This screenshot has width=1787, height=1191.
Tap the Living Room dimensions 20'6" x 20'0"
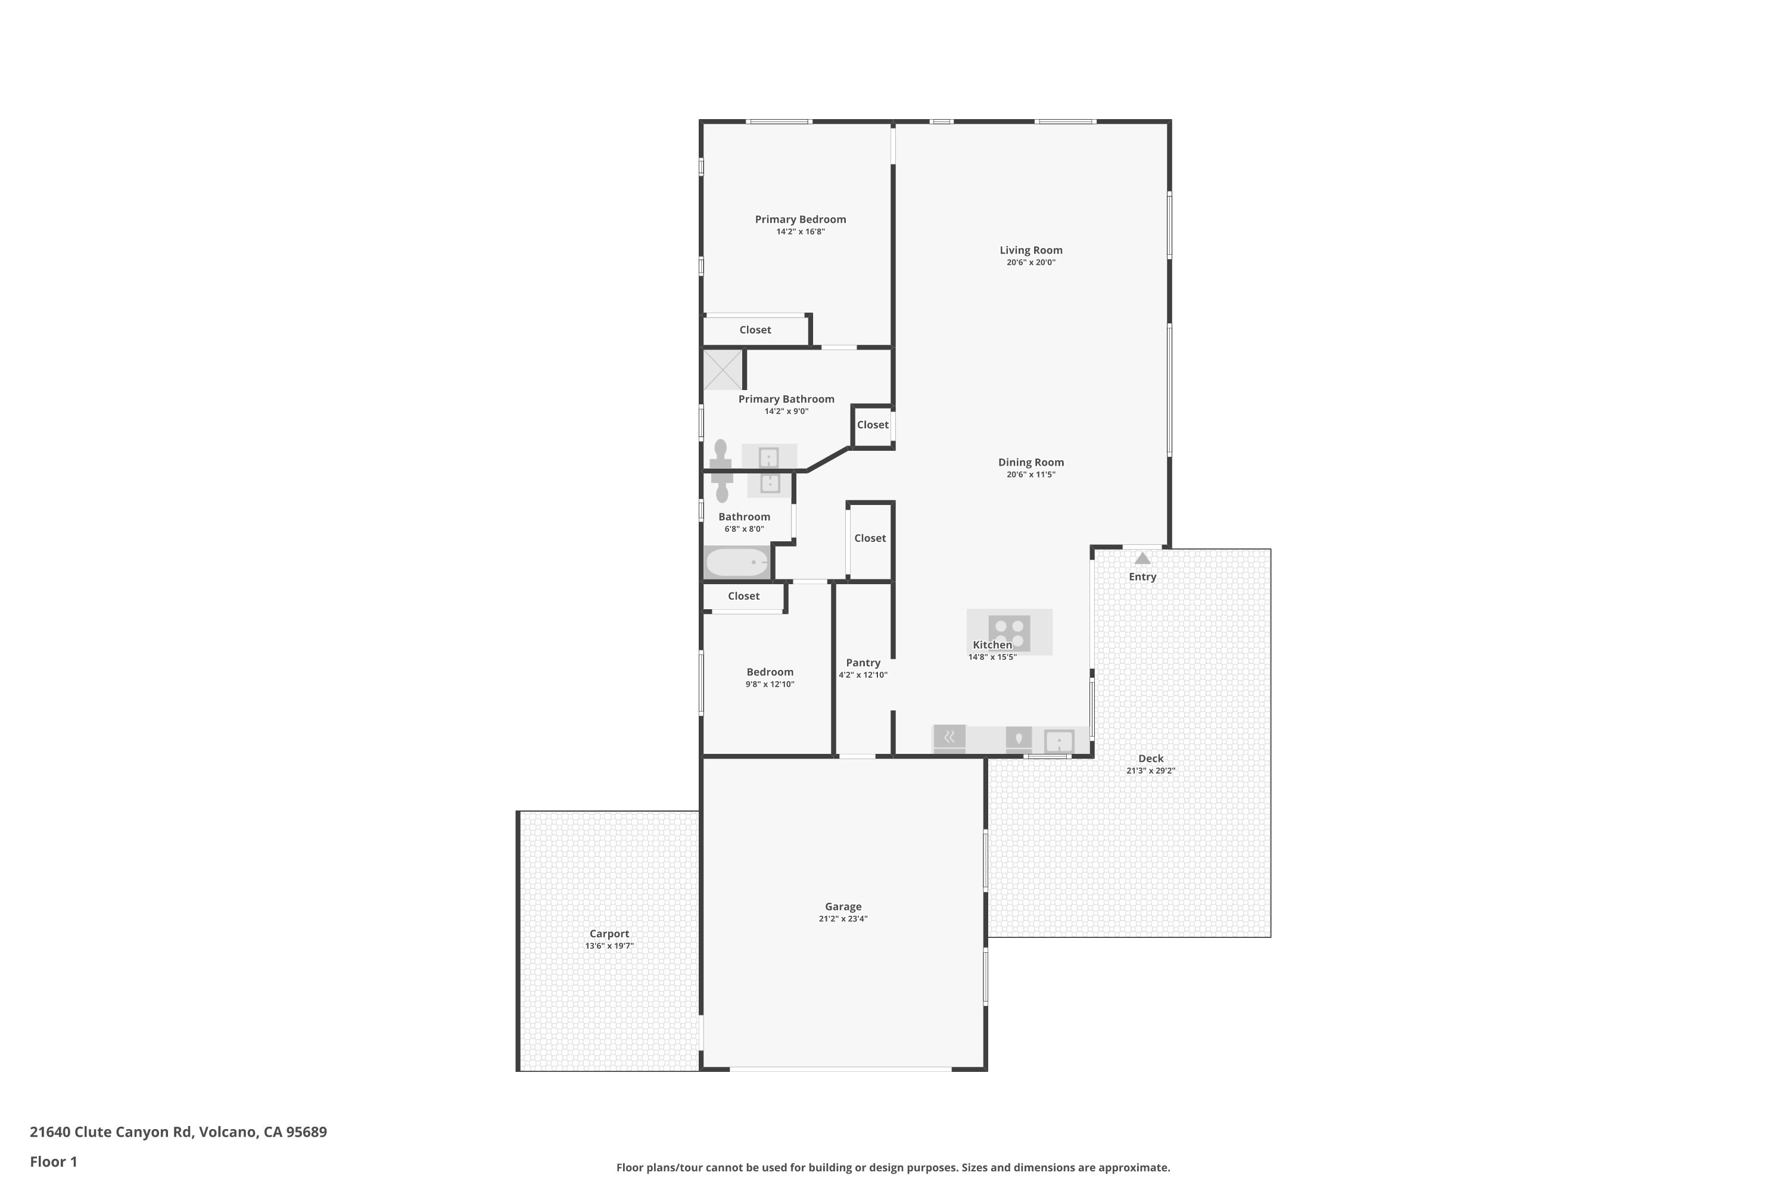pyautogui.click(x=1031, y=263)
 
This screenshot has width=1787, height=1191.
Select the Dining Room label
pyautogui.click(x=1031, y=462)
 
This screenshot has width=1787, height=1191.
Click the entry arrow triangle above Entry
pyautogui.click(x=1142, y=559)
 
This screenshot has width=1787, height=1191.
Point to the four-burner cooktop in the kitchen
pyautogui.click(x=1009, y=632)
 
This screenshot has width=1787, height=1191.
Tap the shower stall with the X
pyautogui.click(x=722, y=370)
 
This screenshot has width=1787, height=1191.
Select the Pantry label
pyautogui.click(x=863, y=662)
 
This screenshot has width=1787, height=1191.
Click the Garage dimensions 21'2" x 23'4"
pyautogui.click(x=843, y=919)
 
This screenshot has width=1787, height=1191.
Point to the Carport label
pyautogui.click(x=609, y=934)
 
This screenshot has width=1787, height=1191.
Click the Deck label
pyautogui.click(x=1150, y=758)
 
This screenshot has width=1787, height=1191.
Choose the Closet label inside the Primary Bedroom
pyautogui.click(x=755, y=330)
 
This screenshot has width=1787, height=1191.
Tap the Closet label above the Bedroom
pyautogui.click(x=743, y=596)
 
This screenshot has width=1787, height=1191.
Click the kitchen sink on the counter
pyautogui.click(x=1058, y=741)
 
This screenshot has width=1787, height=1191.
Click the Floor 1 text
pyautogui.click(x=53, y=1161)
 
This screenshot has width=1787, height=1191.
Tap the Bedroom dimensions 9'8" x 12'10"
pyautogui.click(x=770, y=684)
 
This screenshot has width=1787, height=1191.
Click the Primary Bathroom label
pyautogui.click(x=786, y=399)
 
